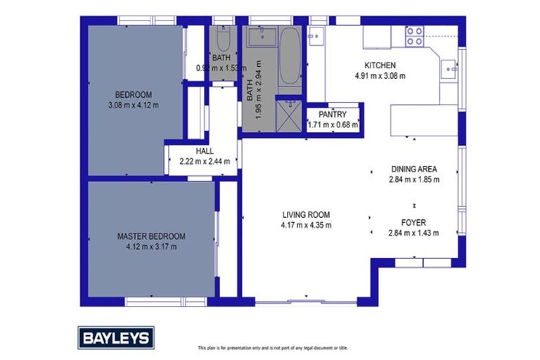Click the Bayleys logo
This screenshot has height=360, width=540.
point(115,337)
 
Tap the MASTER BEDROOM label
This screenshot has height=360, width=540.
point(151,236)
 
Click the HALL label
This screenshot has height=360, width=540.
point(205,151)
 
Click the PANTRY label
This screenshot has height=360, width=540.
point(333,113)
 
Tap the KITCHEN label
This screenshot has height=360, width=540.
point(380,65)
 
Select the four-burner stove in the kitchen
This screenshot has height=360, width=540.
point(415,36)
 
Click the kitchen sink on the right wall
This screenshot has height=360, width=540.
point(447,69)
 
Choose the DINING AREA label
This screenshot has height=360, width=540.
point(414,169)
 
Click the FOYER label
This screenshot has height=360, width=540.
point(413,223)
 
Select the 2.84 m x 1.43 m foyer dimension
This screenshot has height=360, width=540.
point(413,233)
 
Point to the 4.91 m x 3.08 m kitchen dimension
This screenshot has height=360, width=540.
point(380,75)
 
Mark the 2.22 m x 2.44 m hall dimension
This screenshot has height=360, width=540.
point(205,161)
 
